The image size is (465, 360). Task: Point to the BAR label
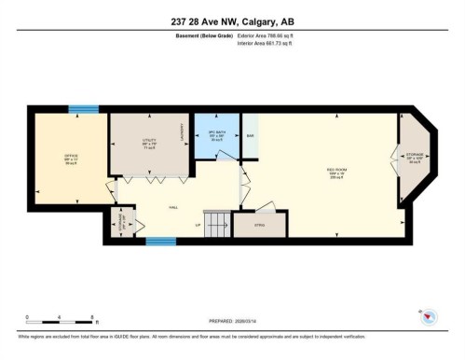tap(250, 137)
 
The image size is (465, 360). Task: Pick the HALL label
tap(172, 209)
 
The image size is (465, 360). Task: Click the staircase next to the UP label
tap(216, 224)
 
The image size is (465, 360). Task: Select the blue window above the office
tap(85, 108)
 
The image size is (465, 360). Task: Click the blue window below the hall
tap(160, 242)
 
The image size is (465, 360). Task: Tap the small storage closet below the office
tap(118, 224)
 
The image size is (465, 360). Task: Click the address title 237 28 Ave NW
tap(232, 22)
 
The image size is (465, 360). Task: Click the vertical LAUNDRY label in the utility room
tap(184, 140)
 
